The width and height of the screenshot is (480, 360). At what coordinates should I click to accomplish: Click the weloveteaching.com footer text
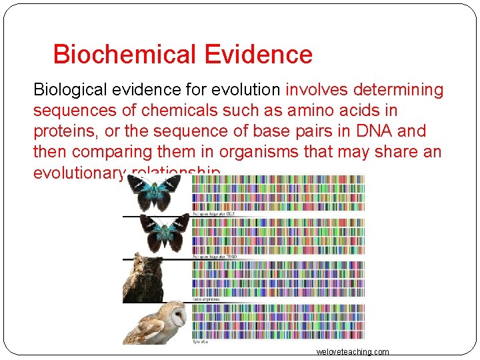pos(353,352)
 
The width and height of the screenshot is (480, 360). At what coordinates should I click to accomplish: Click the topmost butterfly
pos(155,194)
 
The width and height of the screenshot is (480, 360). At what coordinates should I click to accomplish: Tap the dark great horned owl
pos(143,278)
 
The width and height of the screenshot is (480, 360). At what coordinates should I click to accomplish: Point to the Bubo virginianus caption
pos(206,299)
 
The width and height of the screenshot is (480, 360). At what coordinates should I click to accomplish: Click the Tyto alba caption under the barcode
pos(201,342)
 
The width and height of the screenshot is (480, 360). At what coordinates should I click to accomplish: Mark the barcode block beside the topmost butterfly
pos(277,193)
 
